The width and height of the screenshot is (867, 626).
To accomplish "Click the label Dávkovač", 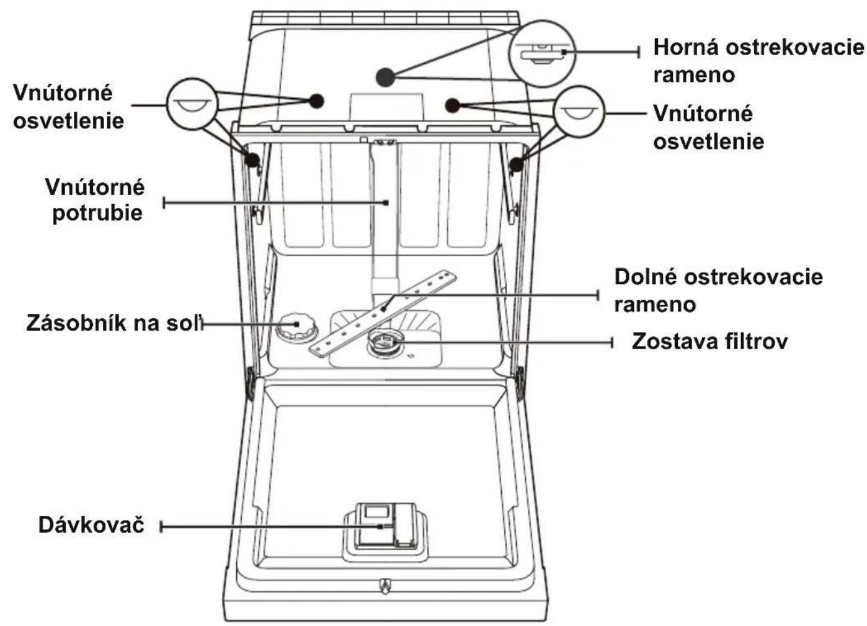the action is (x=91, y=525).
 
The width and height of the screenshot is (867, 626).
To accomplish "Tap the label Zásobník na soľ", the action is (x=115, y=323).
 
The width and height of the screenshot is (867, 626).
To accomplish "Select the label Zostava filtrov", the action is (x=709, y=341).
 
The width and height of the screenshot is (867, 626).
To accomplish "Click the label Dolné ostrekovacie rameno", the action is (x=718, y=291).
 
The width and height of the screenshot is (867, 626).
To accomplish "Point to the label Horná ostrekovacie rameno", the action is (x=758, y=61).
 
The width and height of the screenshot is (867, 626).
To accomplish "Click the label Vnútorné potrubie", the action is (x=96, y=200).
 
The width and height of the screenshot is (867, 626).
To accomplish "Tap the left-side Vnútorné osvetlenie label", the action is (x=68, y=107).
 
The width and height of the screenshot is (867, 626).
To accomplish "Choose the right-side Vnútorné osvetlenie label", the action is (x=709, y=127).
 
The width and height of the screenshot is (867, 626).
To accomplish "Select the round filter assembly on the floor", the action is (x=385, y=344).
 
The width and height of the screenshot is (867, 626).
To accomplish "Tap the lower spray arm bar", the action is (x=383, y=313).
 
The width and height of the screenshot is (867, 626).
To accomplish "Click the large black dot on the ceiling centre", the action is (x=385, y=77).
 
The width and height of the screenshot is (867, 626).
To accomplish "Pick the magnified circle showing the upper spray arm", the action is (x=542, y=54).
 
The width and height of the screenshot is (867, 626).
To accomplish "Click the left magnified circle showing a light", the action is (x=192, y=104).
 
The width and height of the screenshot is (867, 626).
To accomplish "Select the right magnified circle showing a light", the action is (x=579, y=112).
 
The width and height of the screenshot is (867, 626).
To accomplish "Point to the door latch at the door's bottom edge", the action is (x=385, y=586).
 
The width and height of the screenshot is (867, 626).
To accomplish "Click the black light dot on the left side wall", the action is (x=252, y=159).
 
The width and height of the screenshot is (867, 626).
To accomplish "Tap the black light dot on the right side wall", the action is (x=516, y=165).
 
